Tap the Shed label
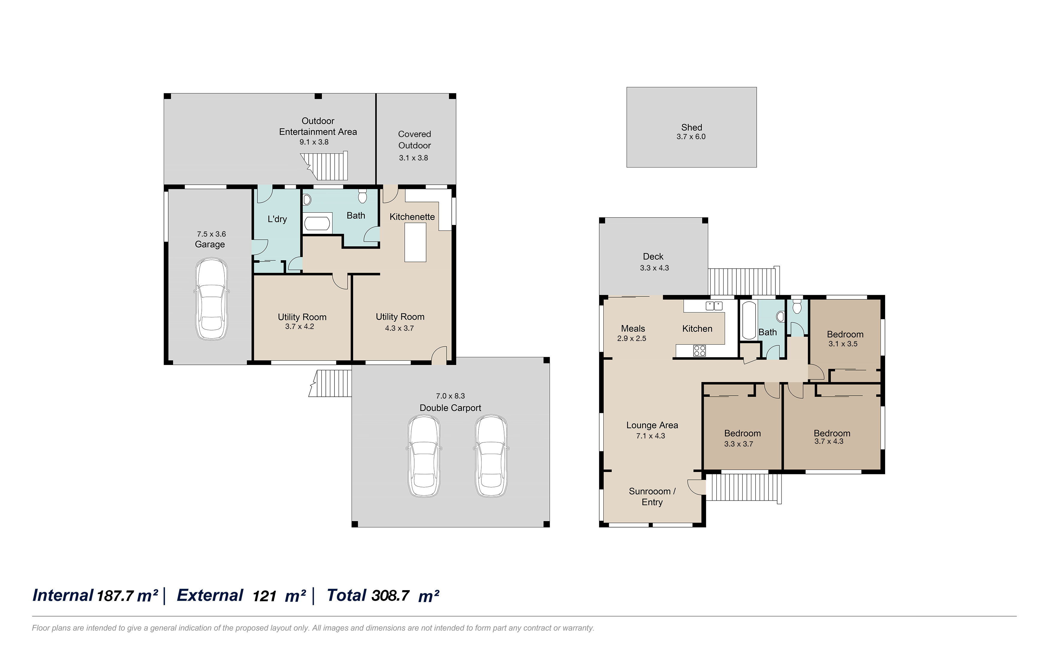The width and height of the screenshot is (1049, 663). point(691,127)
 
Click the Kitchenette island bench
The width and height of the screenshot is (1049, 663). point(415,242)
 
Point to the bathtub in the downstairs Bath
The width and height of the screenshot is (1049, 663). point(318,224)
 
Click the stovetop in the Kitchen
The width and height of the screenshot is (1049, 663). point(699,351)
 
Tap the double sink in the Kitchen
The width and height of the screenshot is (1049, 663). point(714,306)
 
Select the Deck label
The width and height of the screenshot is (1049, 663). point(653,257)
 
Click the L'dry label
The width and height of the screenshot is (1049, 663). point(277,219)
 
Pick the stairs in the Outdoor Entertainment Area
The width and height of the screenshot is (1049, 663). point(327,166)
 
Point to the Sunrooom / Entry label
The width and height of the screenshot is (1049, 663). point(652,497)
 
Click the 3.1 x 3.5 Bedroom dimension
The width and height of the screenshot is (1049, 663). point(843,344)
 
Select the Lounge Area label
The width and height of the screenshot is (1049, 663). point(652,425)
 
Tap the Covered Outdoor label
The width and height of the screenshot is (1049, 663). point(414,139)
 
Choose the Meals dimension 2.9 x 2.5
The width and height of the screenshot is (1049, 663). point(632,338)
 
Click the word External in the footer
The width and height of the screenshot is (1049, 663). point(210,595)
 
